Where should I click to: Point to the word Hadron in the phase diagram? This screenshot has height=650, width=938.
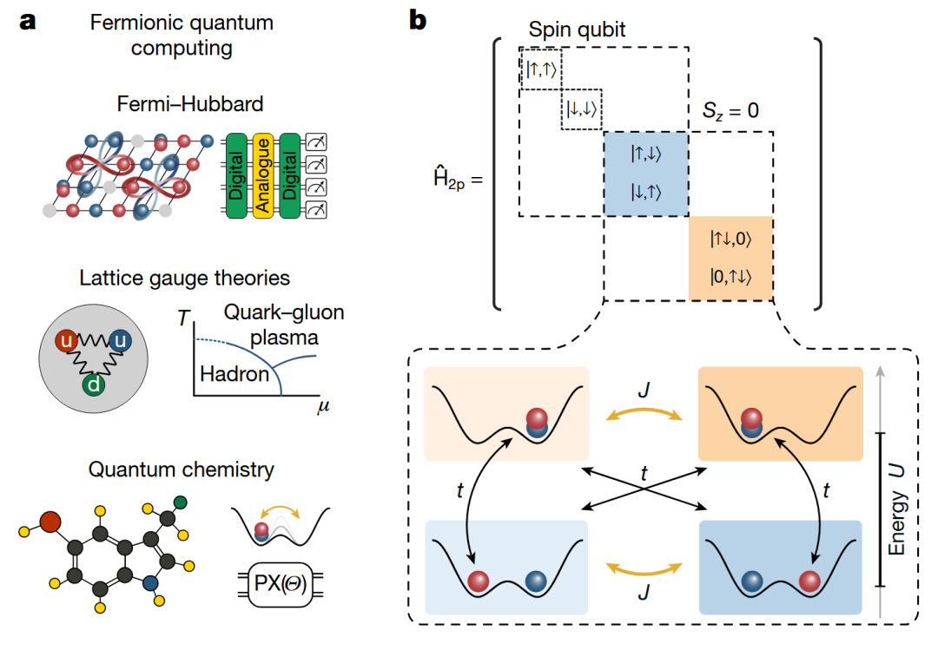tap(231, 376)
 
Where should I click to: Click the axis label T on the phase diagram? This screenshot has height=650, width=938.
tap(182, 318)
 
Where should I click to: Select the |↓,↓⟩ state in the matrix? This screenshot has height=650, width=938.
tap(582, 110)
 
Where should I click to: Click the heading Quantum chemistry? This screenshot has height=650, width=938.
tap(182, 470)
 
